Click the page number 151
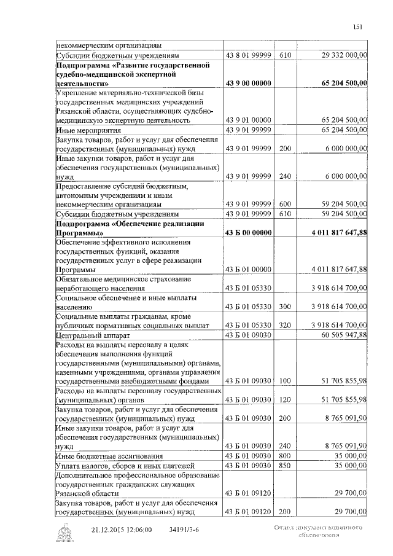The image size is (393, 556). [358, 26]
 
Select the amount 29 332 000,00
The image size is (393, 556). [344, 55]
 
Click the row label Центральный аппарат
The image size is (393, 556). [91, 334]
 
